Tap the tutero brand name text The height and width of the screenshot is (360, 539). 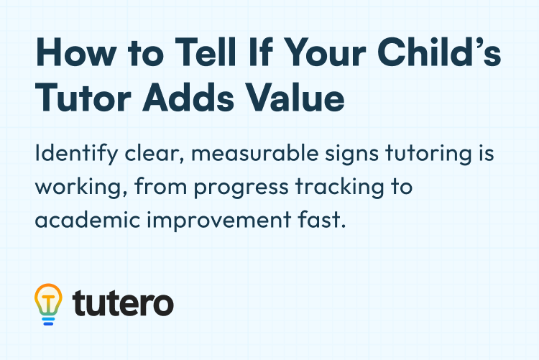pos(123,304)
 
